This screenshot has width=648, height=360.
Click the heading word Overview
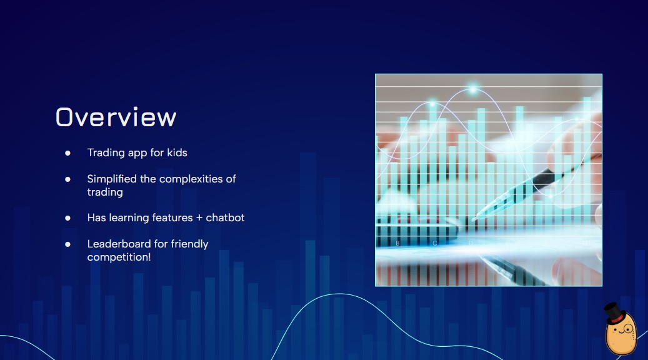(x=116, y=117)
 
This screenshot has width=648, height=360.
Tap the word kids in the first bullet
(x=177, y=152)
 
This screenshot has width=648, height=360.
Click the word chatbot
(x=225, y=217)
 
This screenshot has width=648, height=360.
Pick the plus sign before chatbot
(x=199, y=218)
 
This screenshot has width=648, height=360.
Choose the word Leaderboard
(x=119, y=244)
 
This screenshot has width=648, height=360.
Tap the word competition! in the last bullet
(x=119, y=257)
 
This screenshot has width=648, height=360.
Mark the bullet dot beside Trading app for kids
(x=67, y=153)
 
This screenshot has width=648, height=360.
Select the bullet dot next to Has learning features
(x=67, y=218)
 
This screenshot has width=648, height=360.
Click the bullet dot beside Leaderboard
(x=67, y=244)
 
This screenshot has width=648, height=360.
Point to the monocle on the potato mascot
(x=628, y=329)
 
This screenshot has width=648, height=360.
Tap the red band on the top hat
(x=617, y=319)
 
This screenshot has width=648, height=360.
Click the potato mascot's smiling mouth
(x=621, y=332)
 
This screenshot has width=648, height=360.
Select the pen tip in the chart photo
(x=474, y=219)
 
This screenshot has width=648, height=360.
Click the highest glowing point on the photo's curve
(x=473, y=89)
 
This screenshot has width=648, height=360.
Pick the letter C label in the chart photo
(x=434, y=244)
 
